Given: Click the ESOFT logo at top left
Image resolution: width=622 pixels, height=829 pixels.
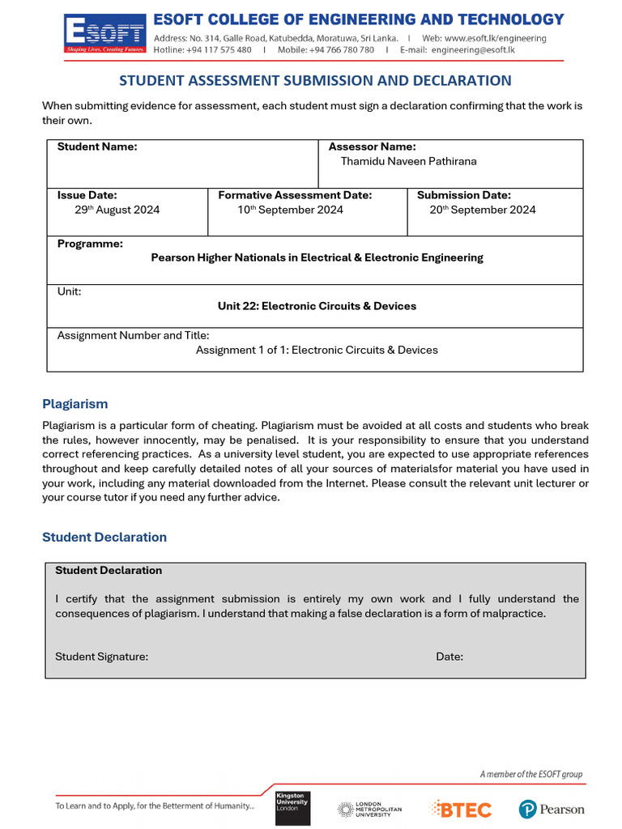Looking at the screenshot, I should click(105, 34).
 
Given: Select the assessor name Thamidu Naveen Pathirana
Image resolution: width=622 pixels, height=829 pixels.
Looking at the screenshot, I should click(408, 161).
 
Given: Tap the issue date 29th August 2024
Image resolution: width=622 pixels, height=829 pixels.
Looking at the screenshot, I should click(117, 210).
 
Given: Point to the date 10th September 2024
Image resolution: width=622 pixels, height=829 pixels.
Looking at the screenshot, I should click(290, 210).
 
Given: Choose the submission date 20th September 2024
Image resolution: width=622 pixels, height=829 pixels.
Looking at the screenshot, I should click(482, 210).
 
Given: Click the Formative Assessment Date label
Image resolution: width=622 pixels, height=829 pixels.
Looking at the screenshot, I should click(295, 195).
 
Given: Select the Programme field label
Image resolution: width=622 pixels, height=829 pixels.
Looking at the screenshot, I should click(90, 244).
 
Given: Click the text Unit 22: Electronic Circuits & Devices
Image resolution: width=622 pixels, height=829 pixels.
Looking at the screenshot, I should click(317, 306).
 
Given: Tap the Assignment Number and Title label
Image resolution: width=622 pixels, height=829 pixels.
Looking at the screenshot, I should click(133, 335).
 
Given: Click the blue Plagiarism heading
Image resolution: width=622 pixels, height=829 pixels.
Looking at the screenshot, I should click(75, 404).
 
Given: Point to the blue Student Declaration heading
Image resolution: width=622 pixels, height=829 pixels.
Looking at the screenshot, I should click(104, 538).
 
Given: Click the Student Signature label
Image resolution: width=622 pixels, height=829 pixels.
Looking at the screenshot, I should click(101, 657).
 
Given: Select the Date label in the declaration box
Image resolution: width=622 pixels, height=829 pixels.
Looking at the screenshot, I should click(449, 657).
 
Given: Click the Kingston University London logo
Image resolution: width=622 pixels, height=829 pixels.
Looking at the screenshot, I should click(292, 808).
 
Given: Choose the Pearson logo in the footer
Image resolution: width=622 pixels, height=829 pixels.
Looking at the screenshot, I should click(552, 809).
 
